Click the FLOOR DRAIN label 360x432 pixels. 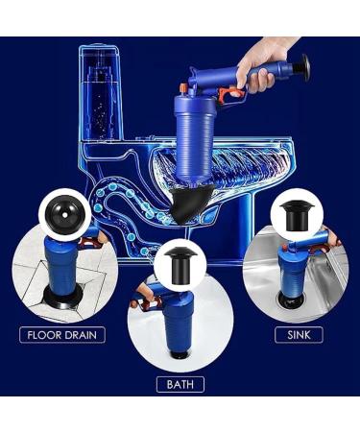(x=62, y=335)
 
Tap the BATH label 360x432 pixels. (x=180, y=384)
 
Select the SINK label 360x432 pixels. (x=299, y=335)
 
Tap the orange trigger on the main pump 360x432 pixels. (x=229, y=93)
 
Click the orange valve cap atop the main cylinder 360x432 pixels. (x=183, y=88)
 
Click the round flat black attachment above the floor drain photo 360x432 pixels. (x=63, y=214)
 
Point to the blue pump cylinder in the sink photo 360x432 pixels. (x=292, y=269)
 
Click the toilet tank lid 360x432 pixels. (x=99, y=48)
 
